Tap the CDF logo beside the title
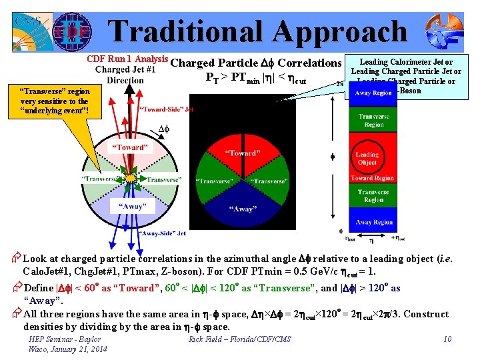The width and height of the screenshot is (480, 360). pos(69,30)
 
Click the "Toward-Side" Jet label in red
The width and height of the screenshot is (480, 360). pos(167,109)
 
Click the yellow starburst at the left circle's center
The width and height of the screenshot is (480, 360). pos(132,179)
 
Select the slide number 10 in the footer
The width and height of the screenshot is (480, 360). pos(447,340)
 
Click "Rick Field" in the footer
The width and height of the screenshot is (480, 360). pos(206,340)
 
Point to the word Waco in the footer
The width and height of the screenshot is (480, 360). pos(38,349)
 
